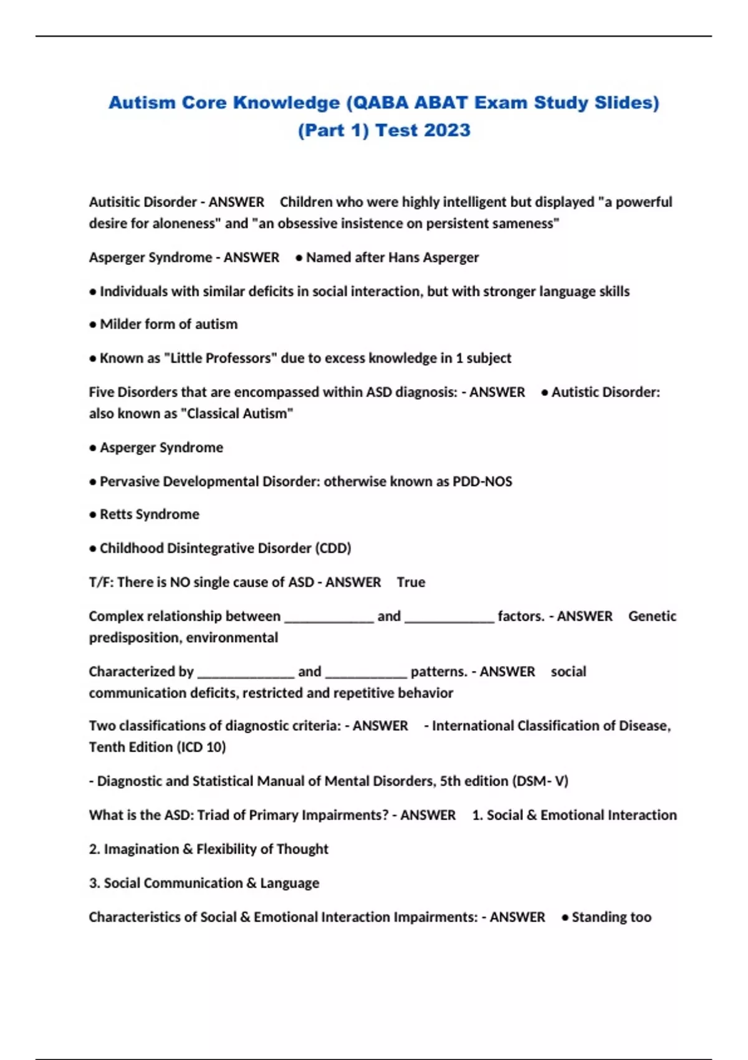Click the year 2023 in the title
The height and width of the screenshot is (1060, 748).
(447, 130)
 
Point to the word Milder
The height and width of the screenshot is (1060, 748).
(120, 324)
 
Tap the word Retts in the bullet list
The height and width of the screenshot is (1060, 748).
(116, 514)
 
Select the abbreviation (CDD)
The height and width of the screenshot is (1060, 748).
(333, 548)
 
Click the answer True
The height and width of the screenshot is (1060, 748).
(411, 582)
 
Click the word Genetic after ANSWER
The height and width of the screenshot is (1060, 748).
(652, 616)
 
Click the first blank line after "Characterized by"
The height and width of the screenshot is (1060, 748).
(246, 673)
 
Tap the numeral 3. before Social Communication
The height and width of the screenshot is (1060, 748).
(94, 884)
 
